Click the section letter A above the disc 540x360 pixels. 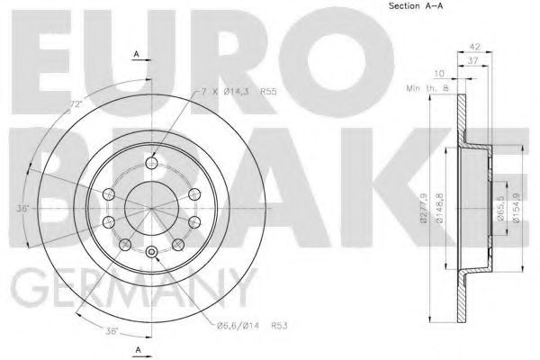[x=137, y=55]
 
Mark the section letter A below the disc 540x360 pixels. [x=137, y=347]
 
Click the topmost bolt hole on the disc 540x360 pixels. [x=151, y=163]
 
